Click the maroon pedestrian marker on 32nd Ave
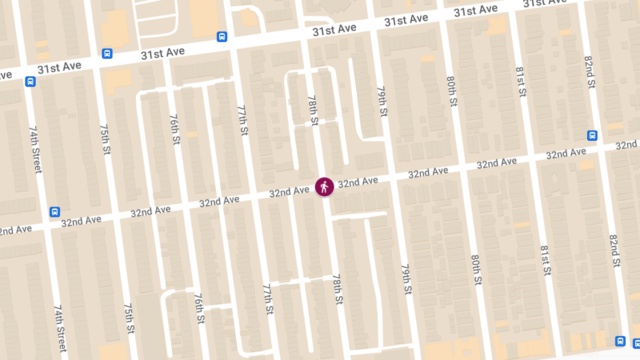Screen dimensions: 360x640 (x=324, y=187)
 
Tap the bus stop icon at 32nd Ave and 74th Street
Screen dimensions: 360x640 (x=54, y=212)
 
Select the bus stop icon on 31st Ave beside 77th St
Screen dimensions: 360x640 (x=222, y=37)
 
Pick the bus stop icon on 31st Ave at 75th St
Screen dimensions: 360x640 (x=107, y=53)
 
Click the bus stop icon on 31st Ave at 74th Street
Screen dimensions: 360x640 (x=30, y=82)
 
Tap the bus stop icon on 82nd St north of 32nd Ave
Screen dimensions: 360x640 (x=592, y=135)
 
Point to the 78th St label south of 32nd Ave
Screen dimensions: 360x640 (x=337, y=290)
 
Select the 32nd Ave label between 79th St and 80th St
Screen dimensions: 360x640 (x=428, y=172)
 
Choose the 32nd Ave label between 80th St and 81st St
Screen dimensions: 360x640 (x=497, y=162)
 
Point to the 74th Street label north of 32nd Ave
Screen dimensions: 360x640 (x=35, y=150)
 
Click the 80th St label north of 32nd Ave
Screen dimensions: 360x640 (x=452, y=91)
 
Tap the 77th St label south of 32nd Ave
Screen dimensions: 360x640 (x=268, y=299)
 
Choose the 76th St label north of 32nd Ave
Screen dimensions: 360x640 (x=174, y=129)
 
